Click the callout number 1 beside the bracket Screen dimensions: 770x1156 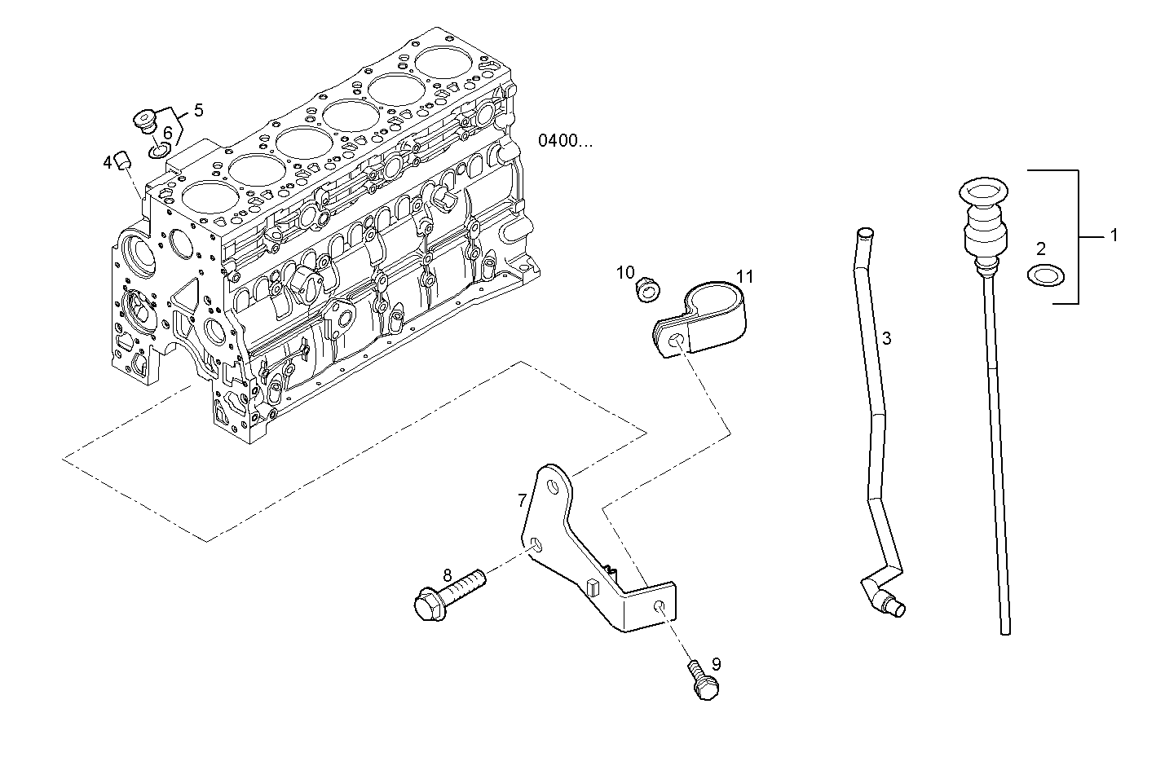(1113, 236)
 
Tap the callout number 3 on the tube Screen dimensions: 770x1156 (886, 337)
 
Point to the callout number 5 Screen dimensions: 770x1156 (198, 110)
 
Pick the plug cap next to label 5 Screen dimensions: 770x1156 (146, 120)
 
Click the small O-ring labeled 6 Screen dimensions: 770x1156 (160, 150)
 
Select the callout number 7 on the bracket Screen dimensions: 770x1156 (522, 500)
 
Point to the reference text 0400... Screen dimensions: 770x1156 (565, 140)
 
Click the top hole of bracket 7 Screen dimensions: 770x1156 (554, 487)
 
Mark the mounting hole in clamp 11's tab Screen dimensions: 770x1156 (674, 342)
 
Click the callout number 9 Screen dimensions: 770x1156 (715, 664)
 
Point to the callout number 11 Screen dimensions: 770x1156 (744, 276)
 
